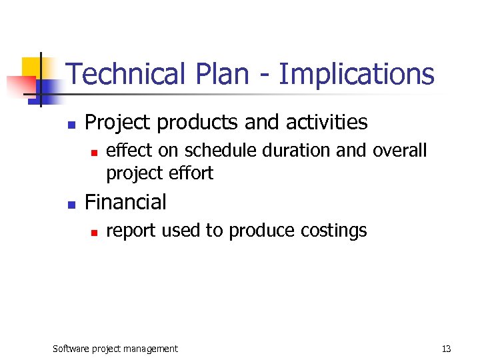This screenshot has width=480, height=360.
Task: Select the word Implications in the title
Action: [x=357, y=74]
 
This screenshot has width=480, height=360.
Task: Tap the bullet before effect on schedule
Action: [x=94, y=153]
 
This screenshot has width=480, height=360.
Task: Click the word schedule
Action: [x=222, y=151]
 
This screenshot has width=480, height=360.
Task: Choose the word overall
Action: [x=400, y=151]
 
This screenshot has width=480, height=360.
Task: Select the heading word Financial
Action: [x=125, y=202]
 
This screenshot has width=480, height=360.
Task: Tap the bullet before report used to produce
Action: [x=94, y=233]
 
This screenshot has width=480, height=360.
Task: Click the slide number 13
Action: [x=446, y=349]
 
